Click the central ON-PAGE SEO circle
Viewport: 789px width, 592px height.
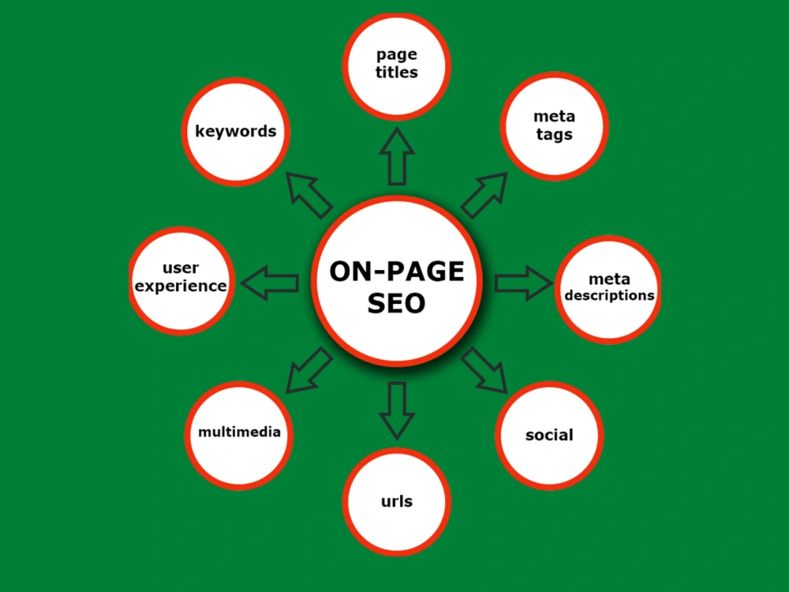point(397,281)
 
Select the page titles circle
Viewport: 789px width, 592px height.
point(397,66)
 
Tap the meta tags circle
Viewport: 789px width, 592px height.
point(554,126)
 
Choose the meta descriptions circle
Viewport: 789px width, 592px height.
point(608,289)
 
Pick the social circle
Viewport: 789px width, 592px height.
point(549,435)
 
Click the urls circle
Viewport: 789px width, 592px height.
point(397,501)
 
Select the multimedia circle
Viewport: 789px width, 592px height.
point(239,435)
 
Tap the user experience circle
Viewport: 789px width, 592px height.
point(181,280)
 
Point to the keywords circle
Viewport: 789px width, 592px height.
point(235,131)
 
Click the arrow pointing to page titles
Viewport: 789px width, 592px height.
point(397,156)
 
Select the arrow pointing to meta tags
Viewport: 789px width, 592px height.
point(484,195)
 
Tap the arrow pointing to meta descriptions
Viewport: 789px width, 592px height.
point(524,283)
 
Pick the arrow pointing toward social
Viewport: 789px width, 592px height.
point(484,370)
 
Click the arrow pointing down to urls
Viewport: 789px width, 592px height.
point(397,410)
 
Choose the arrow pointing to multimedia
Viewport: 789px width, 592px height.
point(309,370)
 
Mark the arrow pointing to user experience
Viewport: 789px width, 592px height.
point(270,283)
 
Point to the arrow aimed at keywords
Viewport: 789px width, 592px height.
point(309,195)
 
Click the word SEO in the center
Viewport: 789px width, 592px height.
point(397,303)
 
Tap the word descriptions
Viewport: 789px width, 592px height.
point(609,295)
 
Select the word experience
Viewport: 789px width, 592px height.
point(181,286)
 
